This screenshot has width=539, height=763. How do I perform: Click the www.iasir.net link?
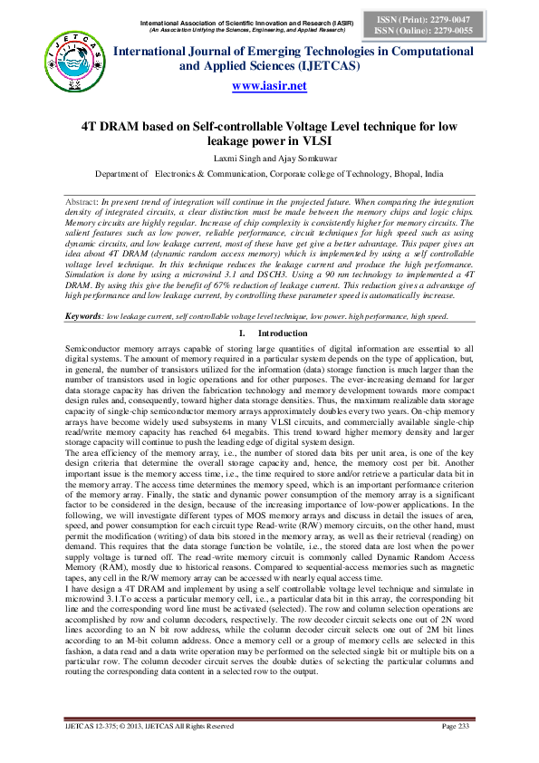click(x=269, y=86)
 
